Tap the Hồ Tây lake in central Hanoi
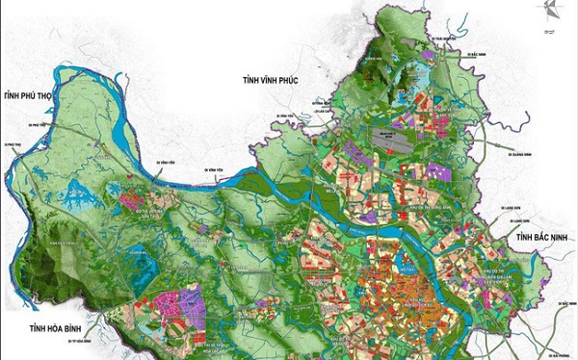click(x=390, y=258)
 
